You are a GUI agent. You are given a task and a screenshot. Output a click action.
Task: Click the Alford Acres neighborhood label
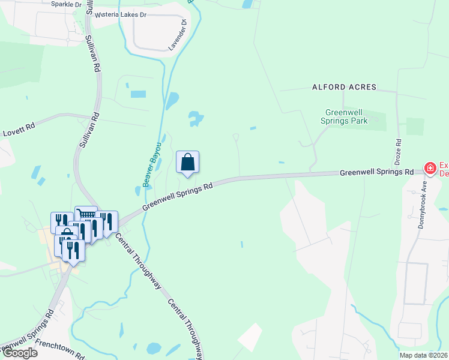344,87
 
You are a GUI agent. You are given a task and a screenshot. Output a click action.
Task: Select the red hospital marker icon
430,169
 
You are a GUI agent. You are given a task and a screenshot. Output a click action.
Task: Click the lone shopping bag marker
187,162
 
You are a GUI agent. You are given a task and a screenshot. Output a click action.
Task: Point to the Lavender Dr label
178,35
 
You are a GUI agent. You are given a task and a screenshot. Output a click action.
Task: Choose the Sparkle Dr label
66,4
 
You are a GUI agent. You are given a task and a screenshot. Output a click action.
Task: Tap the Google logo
19,353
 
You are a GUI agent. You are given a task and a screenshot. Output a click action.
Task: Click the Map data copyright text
423,355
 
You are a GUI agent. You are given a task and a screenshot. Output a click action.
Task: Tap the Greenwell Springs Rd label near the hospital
376,172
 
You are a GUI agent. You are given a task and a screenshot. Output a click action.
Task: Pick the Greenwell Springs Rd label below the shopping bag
178,196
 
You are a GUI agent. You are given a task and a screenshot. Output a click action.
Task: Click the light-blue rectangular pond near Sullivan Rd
138,94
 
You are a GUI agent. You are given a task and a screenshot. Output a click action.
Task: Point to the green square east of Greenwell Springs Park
415,126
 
